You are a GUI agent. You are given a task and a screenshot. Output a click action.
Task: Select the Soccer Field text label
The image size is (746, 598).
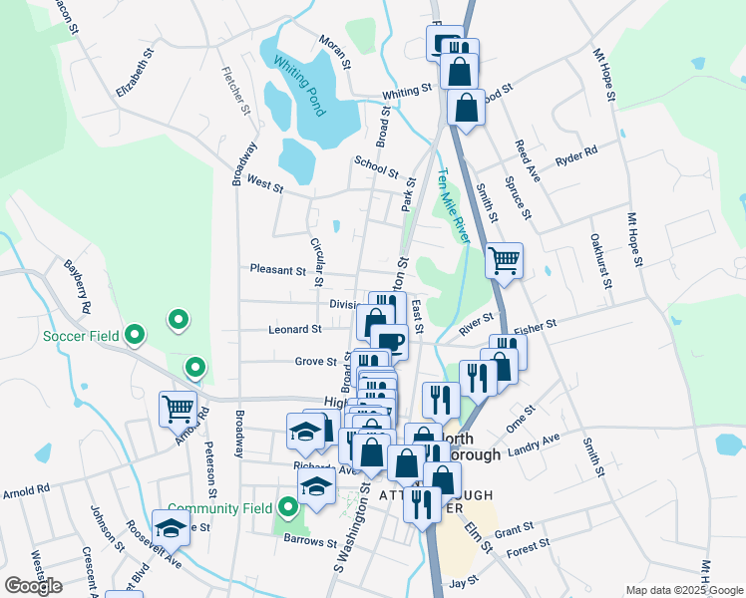[81, 336]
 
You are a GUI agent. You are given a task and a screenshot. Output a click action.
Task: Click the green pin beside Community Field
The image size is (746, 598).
[288, 508]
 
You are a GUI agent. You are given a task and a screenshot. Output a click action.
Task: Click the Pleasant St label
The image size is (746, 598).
[278, 270]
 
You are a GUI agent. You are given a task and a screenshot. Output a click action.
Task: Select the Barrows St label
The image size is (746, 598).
[309, 543]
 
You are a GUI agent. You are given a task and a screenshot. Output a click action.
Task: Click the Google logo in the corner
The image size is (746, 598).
[33, 586]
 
